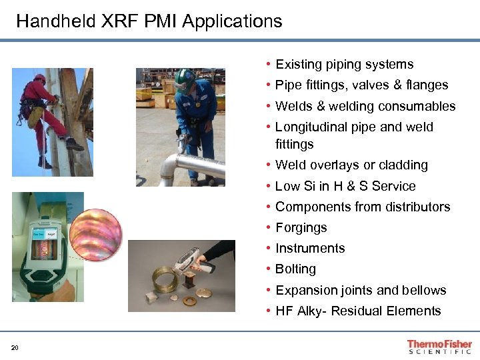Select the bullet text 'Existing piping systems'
point(344,65)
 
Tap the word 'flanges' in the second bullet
point(427,85)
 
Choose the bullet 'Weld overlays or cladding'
point(351,165)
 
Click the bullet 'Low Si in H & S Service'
point(345,187)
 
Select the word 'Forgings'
point(301,228)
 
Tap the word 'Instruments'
point(310,249)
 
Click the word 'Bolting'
point(295,269)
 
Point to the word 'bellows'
point(424,291)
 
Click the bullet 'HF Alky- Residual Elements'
point(358,311)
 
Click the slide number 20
point(15,347)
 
